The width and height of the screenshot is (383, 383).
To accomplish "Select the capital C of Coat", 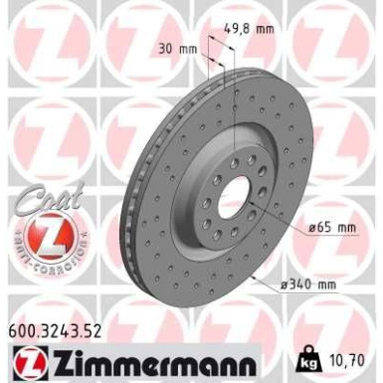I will click(31, 204).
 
